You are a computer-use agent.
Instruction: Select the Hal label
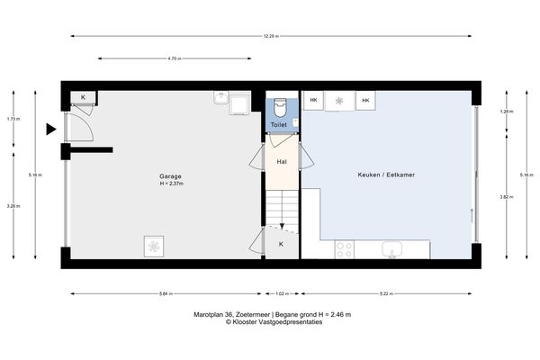[282, 163]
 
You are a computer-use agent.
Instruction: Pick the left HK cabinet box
[313, 101]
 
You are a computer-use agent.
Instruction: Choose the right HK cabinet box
[365, 101]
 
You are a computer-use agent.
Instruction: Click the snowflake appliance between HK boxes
[339, 101]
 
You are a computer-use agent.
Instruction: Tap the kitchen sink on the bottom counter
[393, 248]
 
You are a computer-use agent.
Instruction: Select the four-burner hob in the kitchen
[345, 248]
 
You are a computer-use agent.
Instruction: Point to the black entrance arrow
[51, 130]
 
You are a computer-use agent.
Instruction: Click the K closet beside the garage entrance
[84, 97]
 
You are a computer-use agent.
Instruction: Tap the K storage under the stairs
[281, 244]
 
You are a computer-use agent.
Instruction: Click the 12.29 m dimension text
[270, 37]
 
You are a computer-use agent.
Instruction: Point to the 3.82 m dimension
[505, 196]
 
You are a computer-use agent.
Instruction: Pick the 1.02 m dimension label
[282, 293]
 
